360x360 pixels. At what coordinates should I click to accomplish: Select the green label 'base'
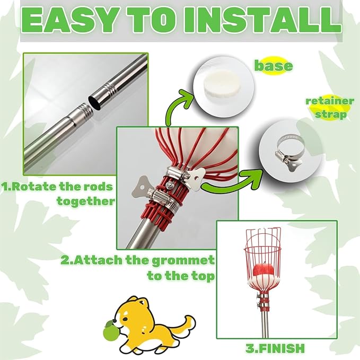pyautogui.click(x=273, y=66)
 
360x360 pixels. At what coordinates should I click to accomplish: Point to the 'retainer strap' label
pyautogui.click(x=330, y=108)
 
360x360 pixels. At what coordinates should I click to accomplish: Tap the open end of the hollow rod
pyautogui.click(x=94, y=102)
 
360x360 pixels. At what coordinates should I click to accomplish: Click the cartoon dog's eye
pyautogui.click(x=125, y=319)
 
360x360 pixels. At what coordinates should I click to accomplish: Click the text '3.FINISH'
pyautogui.click(x=275, y=348)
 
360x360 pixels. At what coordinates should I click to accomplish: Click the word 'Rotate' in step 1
pyautogui.click(x=34, y=187)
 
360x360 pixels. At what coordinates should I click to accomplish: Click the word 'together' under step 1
pyautogui.click(x=86, y=201)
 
